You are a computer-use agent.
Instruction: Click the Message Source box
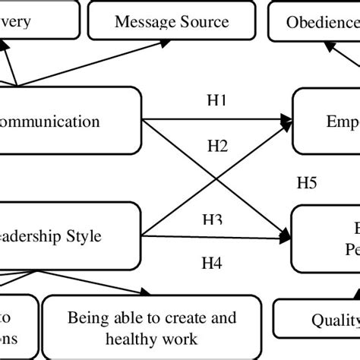click(171, 21)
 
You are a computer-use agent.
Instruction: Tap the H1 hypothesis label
click(216, 100)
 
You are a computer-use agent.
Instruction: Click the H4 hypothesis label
click(212, 264)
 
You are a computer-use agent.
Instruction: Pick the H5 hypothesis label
click(307, 183)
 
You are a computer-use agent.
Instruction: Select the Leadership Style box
click(68, 236)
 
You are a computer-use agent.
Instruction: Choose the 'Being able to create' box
click(151, 327)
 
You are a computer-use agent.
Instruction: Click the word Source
click(202, 21)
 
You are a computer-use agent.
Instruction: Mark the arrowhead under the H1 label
click(286, 119)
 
